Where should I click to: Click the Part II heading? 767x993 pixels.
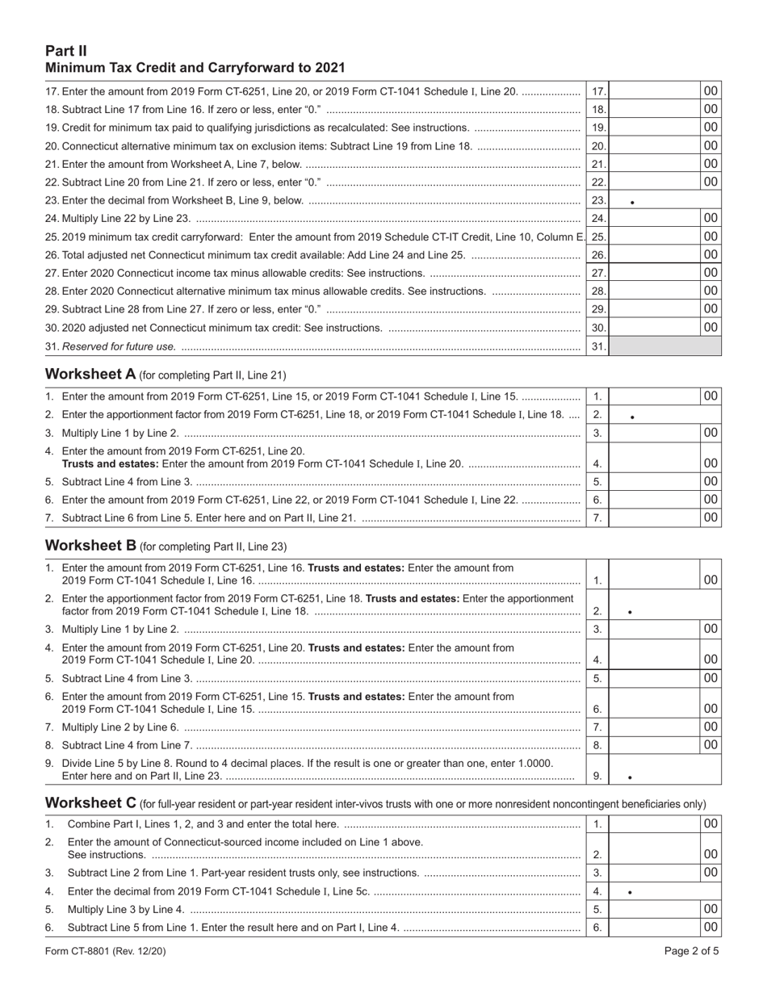[63, 52]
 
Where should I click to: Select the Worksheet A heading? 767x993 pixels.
[90, 375]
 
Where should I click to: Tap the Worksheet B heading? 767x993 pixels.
[90, 546]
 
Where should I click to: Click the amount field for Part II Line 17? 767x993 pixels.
[655, 92]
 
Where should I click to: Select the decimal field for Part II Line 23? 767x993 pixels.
[664, 200]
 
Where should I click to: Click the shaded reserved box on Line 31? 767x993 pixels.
[664, 347]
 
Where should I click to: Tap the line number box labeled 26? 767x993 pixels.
[597, 255]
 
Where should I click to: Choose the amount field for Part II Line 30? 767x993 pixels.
[655, 328]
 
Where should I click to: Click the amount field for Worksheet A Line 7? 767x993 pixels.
[655, 517]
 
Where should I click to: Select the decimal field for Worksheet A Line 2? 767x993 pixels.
[664, 415]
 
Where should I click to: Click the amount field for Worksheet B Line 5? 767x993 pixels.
[655, 678]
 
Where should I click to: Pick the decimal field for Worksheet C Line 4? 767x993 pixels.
[664, 891]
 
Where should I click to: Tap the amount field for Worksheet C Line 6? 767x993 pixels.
[655, 928]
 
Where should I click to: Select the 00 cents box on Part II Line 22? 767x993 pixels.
[710, 182]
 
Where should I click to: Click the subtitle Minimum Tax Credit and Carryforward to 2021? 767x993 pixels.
[195, 68]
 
